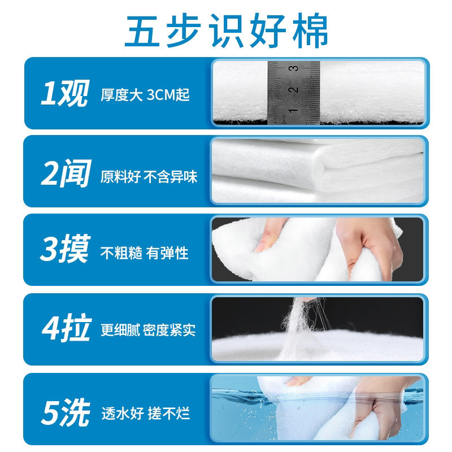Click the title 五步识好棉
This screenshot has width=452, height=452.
click(x=226, y=29)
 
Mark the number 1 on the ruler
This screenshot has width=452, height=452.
click(x=293, y=110)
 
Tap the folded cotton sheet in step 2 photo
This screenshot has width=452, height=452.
click(x=316, y=169)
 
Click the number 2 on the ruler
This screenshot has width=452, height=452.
click(x=293, y=90)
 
